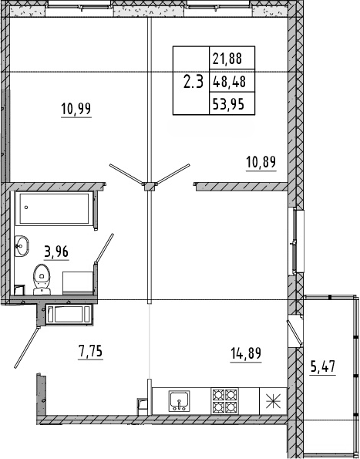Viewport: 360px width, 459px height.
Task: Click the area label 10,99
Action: (76, 109)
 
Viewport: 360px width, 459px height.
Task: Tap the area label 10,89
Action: (261, 162)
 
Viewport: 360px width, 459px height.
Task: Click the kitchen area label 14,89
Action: (245, 355)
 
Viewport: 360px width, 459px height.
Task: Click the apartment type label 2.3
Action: (192, 81)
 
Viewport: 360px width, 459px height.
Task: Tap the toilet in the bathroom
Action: (41, 276)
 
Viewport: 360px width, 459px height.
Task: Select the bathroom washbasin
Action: (21, 247)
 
